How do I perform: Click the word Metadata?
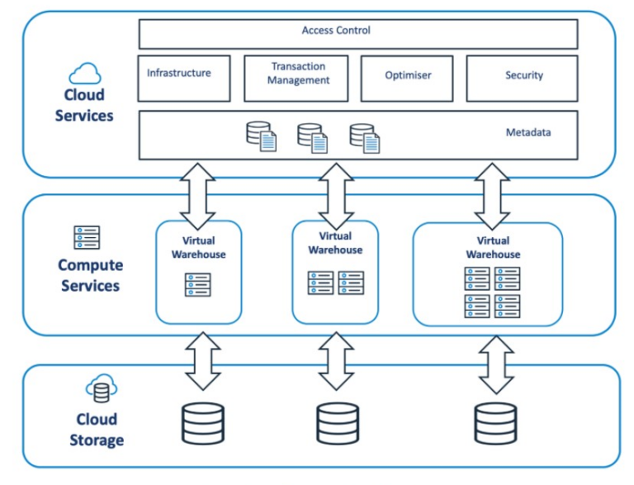[528, 132]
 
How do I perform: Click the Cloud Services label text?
[84, 106]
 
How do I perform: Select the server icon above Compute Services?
[87, 238]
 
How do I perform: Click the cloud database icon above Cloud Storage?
[101, 388]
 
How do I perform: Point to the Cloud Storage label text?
[96, 430]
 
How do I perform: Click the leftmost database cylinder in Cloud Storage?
[202, 423]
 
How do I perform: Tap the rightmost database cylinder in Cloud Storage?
[495, 423]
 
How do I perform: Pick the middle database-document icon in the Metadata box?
[312, 137]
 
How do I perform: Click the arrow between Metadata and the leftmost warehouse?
[198, 197]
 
